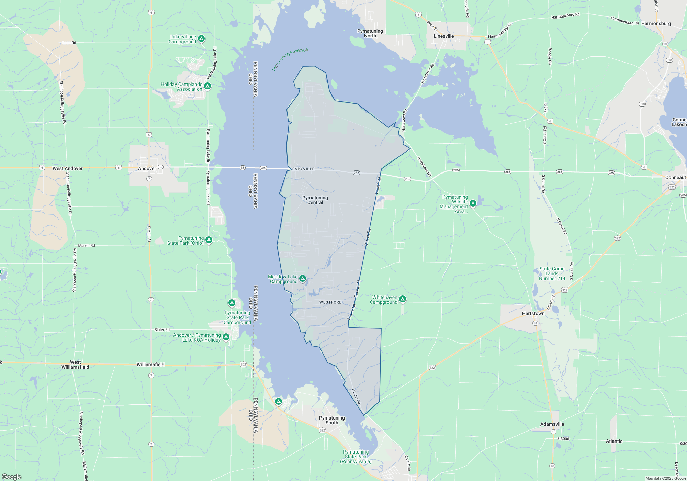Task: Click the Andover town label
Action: click(x=147, y=168)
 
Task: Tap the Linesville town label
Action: click(x=444, y=36)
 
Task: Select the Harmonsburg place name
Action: click(x=656, y=23)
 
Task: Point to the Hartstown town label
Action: click(x=533, y=313)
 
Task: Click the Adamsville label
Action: click(x=552, y=424)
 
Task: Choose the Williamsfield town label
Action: click(x=150, y=365)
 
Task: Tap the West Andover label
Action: click(x=67, y=168)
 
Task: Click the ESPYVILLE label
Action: click(x=303, y=169)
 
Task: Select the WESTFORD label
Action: click(x=330, y=302)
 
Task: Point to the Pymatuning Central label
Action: click(x=315, y=200)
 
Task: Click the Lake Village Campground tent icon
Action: click(x=202, y=38)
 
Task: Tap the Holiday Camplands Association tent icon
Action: click(x=207, y=86)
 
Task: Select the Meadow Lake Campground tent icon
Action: click(x=303, y=278)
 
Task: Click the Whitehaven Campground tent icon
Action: click(x=403, y=299)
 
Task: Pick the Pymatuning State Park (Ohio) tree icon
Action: click(x=209, y=239)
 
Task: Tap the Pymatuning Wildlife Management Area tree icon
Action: click(x=473, y=203)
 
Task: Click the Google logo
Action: click(x=12, y=477)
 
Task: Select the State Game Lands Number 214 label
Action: click(x=552, y=273)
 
